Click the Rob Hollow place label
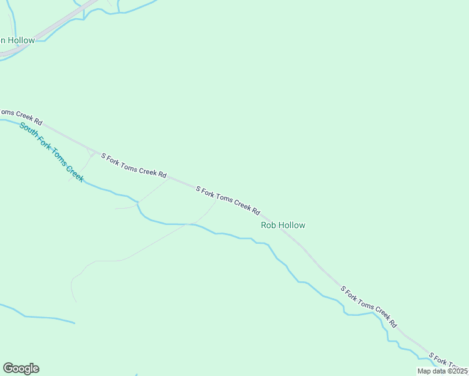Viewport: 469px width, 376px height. [283, 225]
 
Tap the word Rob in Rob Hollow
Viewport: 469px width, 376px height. [268, 225]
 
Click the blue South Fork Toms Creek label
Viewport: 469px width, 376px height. [51, 152]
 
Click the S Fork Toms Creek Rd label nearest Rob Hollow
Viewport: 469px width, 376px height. [228, 200]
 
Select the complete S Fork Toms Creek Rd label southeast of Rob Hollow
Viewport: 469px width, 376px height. [369, 307]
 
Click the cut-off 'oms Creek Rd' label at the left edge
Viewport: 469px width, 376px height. [21, 117]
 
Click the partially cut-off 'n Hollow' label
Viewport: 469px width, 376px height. [18, 40]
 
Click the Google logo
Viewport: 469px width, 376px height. [21, 368]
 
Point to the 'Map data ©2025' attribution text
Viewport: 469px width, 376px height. [442, 371]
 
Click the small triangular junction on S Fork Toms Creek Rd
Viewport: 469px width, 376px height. [94, 152]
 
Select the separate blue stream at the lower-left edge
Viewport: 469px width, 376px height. [38, 316]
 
